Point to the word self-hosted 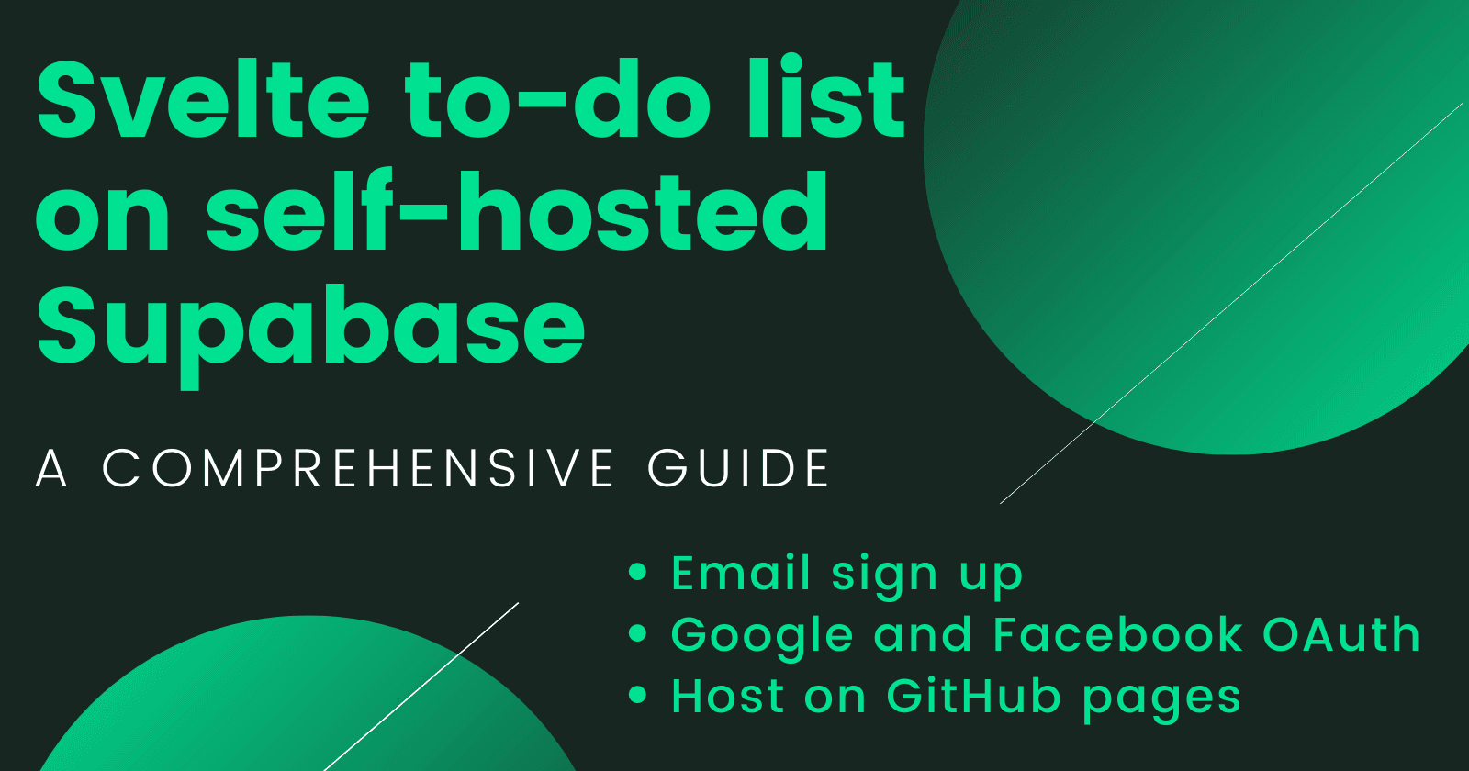pyautogui.click(x=519, y=213)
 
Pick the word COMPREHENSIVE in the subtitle pyautogui.click(x=358, y=468)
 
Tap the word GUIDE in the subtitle pyautogui.click(x=739, y=468)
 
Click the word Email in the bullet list pyautogui.click(x=742, y=574)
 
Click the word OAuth pyautogui.click(x=1341, y=635)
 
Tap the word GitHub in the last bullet pyautogui.click(x=973, y=696)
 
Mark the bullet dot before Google pyautogui.click(x=638, y=634)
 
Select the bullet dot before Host pyautogui.click(x=638, y=695)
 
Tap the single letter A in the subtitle pyautogui.click(x=51, y=468)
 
